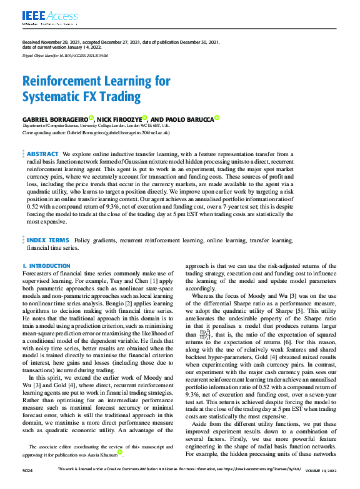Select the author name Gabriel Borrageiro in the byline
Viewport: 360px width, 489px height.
(55, 118)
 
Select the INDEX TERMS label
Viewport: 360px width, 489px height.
(47, 240)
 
